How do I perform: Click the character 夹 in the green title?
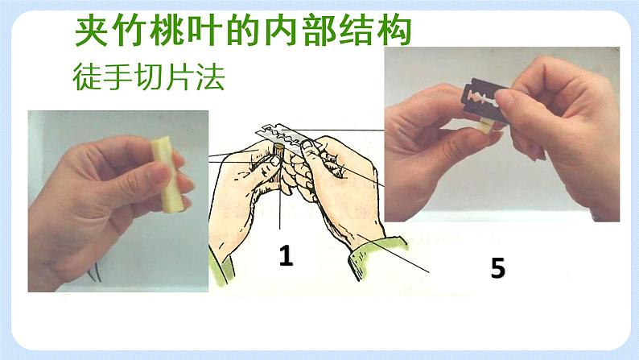tap(92, 31)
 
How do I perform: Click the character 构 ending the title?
tap(394, 31)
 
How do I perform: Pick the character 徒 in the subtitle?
tap(86, 77)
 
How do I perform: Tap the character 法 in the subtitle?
tap(212, 77)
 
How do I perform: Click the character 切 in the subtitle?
tap(149, 77)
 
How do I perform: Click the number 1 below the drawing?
tap(286, 255)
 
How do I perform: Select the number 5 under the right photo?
tap(497, 268)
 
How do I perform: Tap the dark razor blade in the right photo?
tap(484, 100)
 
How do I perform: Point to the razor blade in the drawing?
tap(287, 138)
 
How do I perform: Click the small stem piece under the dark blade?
tap(485, 125)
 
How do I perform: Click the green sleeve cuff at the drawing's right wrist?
tap(377, 257)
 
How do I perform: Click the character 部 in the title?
tap(319, 31)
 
